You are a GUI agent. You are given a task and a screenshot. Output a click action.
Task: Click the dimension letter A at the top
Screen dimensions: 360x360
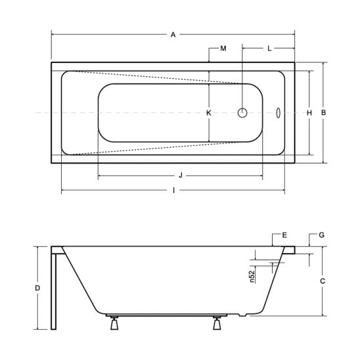click(x=173, y=35)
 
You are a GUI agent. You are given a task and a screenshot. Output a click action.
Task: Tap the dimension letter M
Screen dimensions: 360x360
click(x=223, y=49)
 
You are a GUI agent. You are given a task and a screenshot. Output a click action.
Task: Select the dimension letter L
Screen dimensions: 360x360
click(x=269, y=49)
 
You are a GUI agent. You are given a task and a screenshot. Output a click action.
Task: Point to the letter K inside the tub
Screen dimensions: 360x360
click(x=209, y=113)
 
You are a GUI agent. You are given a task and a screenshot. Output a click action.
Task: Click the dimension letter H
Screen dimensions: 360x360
click(x=309, y=113)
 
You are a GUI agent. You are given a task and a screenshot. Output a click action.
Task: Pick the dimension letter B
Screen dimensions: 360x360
click(x=323, y=112)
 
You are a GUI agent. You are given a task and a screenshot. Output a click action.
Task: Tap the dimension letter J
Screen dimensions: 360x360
click(x=181, y=175)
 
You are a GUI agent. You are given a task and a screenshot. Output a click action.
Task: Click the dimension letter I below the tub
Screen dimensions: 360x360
click(x=174, y=190)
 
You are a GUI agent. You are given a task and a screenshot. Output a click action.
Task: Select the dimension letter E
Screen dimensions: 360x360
click(x=284, y=235)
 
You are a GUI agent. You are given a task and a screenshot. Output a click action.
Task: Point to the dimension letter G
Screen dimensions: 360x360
click(x=322, y=235)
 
